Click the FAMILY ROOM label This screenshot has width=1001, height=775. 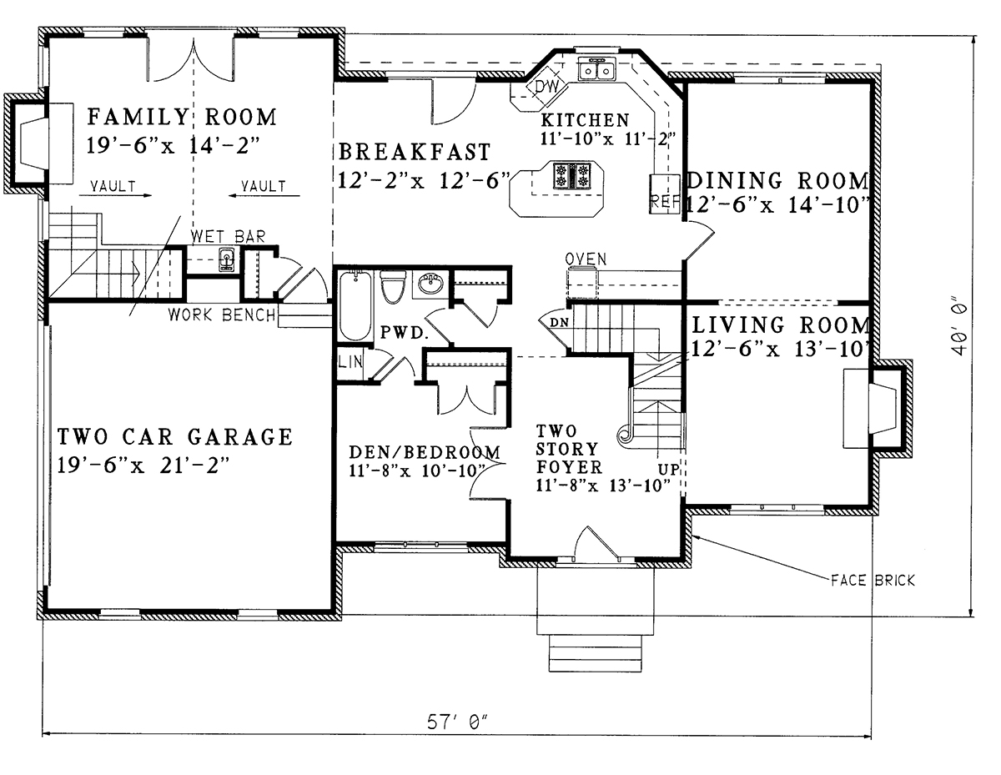click(182, 117)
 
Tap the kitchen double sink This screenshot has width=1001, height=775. click(597, 69)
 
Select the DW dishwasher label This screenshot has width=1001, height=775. click(547, 86)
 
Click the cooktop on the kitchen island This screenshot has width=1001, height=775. click(572, 175)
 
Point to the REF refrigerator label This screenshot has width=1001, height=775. click(665, 201)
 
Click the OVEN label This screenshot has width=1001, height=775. click(586, 259)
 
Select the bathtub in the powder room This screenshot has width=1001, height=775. click(355, 306)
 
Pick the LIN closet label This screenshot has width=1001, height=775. click(350, 362)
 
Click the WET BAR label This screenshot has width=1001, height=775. click(229, 237)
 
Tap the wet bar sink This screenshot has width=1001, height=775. click(226, 259)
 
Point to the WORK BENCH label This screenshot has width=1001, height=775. click(222, 315)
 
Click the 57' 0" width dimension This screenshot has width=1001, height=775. click(456, 722)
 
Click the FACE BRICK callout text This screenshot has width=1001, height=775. click(873, 581)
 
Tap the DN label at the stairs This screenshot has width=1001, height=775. click(559, 323)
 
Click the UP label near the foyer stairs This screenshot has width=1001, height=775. click(668, 469)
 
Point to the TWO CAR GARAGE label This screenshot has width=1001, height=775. click(175, 436)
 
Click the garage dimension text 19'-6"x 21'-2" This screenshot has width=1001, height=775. click(143, 466)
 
